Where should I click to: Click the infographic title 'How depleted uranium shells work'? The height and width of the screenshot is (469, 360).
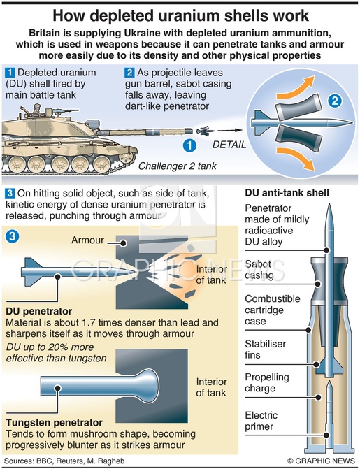[180, 15]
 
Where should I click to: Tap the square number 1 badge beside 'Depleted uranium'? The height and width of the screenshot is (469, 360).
[10, 73]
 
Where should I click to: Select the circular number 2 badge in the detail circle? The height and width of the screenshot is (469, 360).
[335, 101]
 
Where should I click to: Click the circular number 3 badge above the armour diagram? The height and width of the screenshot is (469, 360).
[13, 236]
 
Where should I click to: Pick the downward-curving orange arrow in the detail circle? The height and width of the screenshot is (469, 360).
[295, 159]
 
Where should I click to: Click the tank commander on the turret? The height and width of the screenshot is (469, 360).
[36, 108]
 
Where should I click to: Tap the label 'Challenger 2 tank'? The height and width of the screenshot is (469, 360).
[177, 166]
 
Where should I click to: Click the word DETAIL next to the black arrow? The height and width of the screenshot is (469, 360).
[229, 145]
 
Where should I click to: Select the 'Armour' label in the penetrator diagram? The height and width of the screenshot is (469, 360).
[87, 240]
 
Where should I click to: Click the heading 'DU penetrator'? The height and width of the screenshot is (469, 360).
[39, 311]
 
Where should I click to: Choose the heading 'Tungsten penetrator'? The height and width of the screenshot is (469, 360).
[54, 423]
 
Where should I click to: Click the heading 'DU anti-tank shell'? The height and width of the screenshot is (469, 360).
[287, 193]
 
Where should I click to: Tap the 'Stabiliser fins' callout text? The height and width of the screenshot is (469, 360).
[265, 349]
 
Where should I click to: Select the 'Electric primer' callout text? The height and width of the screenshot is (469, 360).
[261, 421]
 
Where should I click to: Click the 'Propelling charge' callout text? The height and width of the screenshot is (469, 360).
[267, 382]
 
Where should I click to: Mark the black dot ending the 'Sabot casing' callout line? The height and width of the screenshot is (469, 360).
[318, 284]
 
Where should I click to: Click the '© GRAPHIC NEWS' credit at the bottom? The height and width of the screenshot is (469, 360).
[321, 461]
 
